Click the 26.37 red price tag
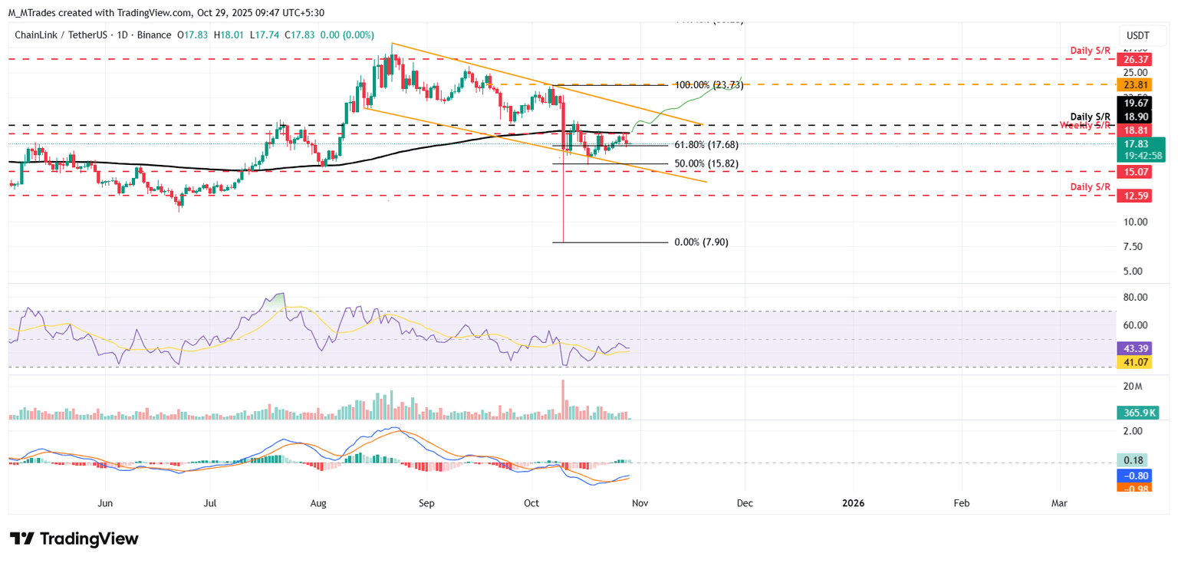point(1137,58)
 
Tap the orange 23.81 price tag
point(1137,85)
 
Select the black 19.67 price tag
point(1137,103)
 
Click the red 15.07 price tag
point(1137,172)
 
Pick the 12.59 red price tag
point(1137,196)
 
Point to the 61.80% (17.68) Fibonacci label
point(706,145)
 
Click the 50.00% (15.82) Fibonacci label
point(706,163)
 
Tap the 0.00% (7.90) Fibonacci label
point(701,242)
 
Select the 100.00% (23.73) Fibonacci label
point(709,84)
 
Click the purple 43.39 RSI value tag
point(1137,347)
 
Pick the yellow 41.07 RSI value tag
point(1137,361)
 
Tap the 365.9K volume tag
point(1137,413)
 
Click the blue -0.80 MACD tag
point(1137,476)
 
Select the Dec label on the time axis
point(744,503)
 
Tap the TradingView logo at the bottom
point(74,538)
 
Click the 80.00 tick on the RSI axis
point(1135,297)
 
